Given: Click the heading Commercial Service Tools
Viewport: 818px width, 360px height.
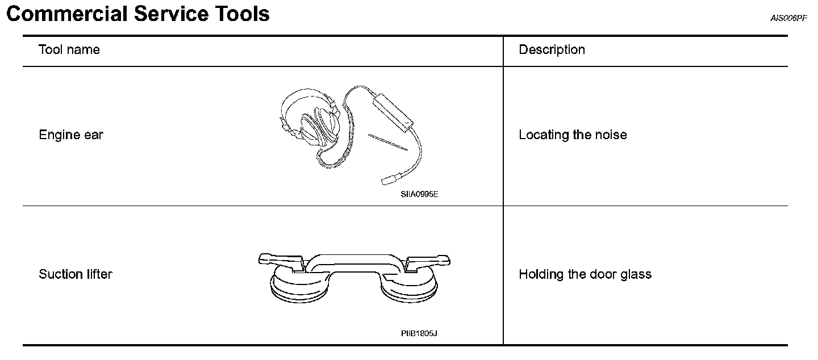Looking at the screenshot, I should (x=137, y=14).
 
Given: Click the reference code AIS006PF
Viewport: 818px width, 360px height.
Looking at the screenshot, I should (x=788, y=18).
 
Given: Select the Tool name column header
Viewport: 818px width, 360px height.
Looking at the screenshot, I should (x=69, y=50).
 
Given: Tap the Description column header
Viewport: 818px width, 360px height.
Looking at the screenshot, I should (x=552, y=50).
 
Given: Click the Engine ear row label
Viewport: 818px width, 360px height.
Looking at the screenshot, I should (x=71, y=135).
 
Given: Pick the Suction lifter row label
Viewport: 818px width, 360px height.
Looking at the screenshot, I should (x=76, y=275).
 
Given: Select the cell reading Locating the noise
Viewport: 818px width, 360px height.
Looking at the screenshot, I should (x=573, y=135).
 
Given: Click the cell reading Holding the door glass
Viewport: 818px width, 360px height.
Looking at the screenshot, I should (x=585, y=275).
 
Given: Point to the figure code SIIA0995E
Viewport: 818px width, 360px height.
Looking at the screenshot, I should (x=419, y=194).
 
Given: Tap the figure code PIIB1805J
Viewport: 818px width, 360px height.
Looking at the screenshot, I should (x=419, y=333).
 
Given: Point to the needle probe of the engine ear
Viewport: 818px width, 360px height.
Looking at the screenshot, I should (x=388, y=143).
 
